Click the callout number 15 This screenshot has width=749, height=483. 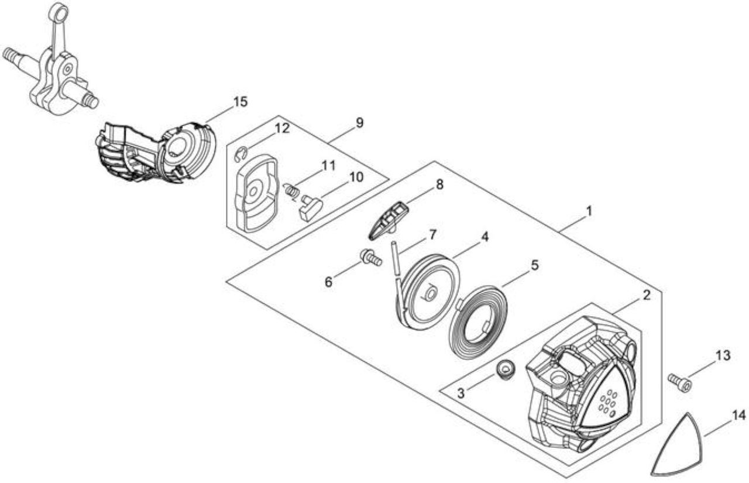pyautogui.click(x=240, y=102)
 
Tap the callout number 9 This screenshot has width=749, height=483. pyautogui.click(x=359, y=123)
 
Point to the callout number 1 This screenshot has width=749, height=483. pyautogui.click(x=589, y=211)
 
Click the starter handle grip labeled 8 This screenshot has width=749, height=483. pyautogui.click(x=388, y=221)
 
